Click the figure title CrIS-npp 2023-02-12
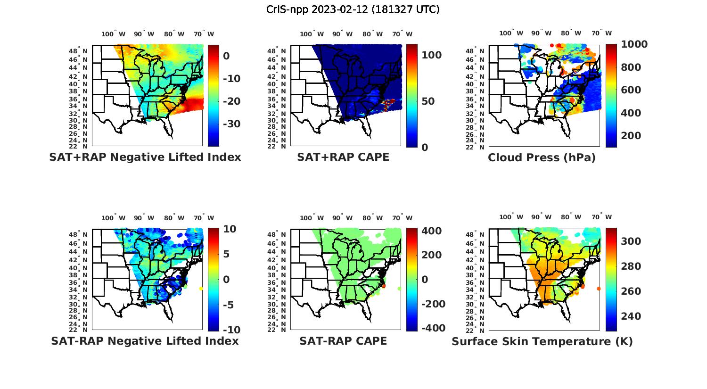coord(353,9)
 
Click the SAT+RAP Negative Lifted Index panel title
coord(145,157)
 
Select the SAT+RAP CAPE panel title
coord(343,157)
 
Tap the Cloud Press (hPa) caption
coord(542,157)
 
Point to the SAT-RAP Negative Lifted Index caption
coord(145,341)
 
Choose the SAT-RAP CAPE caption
coord(343,341)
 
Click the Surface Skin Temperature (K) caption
coord(542,341)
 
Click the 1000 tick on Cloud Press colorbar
coord(634,44)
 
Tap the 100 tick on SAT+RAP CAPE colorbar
coord(431,55)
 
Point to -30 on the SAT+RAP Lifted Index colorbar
coord(231,124)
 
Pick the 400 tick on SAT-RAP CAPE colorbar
coord(431,231)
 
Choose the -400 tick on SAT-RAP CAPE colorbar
coord(433,328)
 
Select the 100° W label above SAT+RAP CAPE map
coord(312,34)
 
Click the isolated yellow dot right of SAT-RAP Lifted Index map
coord(201,288)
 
